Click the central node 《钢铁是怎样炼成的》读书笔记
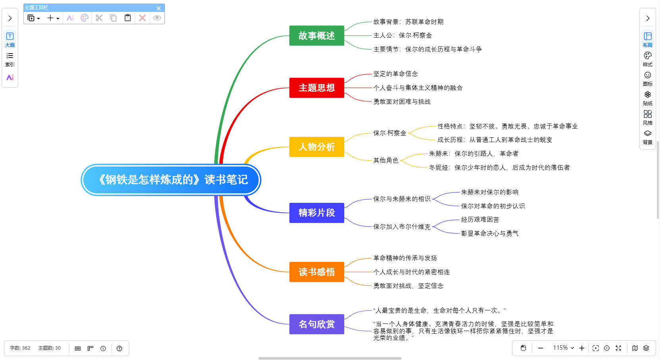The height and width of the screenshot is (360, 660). click(x=171, y=180)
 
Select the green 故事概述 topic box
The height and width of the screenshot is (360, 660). click(x=317, y=36)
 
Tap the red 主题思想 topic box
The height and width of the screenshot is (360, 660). click(x=317, y=88)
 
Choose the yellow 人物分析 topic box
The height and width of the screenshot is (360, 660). click(x=317, y=147)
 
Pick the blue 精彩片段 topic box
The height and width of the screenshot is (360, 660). click(x=317, y=213)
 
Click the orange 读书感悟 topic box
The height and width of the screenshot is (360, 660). click(x=317, y=272)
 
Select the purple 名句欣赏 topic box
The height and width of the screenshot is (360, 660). click(x=317, y=324)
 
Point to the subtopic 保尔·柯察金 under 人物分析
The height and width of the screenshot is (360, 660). click(x=389, y=133)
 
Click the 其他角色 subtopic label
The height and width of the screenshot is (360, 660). click(x=386, y=160)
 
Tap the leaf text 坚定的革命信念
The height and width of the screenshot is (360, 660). click(x=395, y=74)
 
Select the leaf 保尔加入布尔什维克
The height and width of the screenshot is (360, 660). click(x=401, y=227)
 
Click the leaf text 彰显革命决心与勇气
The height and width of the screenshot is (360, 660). click(x=489, y=233)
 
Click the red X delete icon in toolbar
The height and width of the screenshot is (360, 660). click(x=142, y=18)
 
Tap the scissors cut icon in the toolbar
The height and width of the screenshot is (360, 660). click(x=99, y=18)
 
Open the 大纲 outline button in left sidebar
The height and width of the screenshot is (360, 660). click(x=10, y=39)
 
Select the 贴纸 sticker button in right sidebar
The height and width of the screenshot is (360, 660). click(x=647, y=98)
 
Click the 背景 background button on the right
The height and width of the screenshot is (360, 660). click(x=647, y=137)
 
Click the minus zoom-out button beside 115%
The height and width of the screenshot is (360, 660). click(x=540, y=348)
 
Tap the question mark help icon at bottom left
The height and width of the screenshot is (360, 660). click(x=119, y=348)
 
